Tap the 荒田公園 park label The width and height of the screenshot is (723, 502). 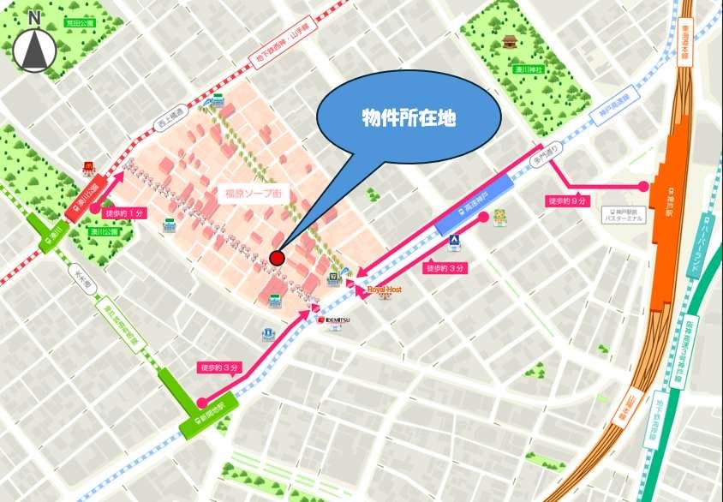coord(83,25)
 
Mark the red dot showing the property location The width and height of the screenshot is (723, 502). coord(276,258)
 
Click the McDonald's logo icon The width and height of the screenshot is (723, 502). coord(87,169)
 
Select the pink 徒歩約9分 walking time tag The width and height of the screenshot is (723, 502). coord(567,201)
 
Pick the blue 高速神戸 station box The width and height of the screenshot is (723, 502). coord(474,205)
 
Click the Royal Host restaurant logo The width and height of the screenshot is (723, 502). coord(384,290)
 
